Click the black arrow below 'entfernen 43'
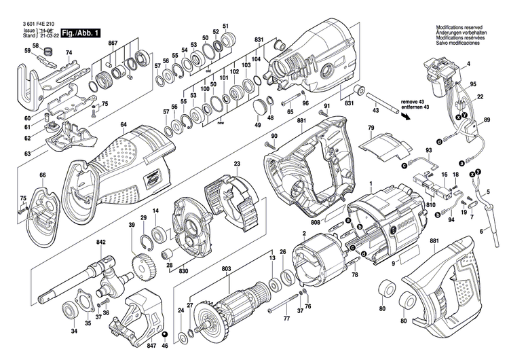coord(406,115)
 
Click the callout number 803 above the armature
coord(226,270)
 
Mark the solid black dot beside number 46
coord(164,336)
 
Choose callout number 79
coord(371,128)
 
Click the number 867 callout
coord(113,43)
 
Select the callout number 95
coord(473,84)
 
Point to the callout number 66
coord(42,175)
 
